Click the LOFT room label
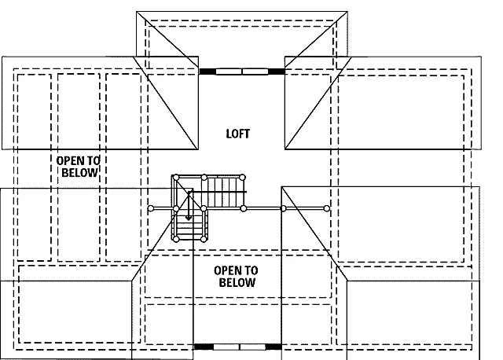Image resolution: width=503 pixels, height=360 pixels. click(237, 134)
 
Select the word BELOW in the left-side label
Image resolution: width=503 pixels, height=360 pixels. click(79, 173)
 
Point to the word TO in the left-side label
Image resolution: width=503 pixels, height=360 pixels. click(93, 161)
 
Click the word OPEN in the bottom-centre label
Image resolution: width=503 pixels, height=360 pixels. click(227, 270)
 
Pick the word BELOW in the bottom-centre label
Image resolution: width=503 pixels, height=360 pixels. click(237, 282)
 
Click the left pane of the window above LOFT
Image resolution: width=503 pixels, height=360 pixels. click(229, 72)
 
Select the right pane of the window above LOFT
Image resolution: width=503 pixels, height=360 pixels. click(255, 72)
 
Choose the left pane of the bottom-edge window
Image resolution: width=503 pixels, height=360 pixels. click(226, 347)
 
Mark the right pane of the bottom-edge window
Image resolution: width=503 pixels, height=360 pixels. click(253, 347)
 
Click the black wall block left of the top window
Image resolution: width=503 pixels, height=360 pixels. click(207, 72)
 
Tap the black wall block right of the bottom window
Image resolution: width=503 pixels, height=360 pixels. click(274, 347)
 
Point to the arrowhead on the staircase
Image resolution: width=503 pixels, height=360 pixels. click(189, 219)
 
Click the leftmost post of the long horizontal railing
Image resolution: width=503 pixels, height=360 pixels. click(151, 209)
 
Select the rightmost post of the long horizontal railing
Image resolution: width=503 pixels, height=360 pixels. click(327, 208)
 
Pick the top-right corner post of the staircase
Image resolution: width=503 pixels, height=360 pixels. click(243, 178)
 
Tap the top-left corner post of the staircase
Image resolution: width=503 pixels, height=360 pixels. click(176, 178)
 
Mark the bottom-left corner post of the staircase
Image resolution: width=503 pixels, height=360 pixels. click(176, 239)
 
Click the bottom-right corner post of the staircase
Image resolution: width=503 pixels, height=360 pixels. click(204, 239)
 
